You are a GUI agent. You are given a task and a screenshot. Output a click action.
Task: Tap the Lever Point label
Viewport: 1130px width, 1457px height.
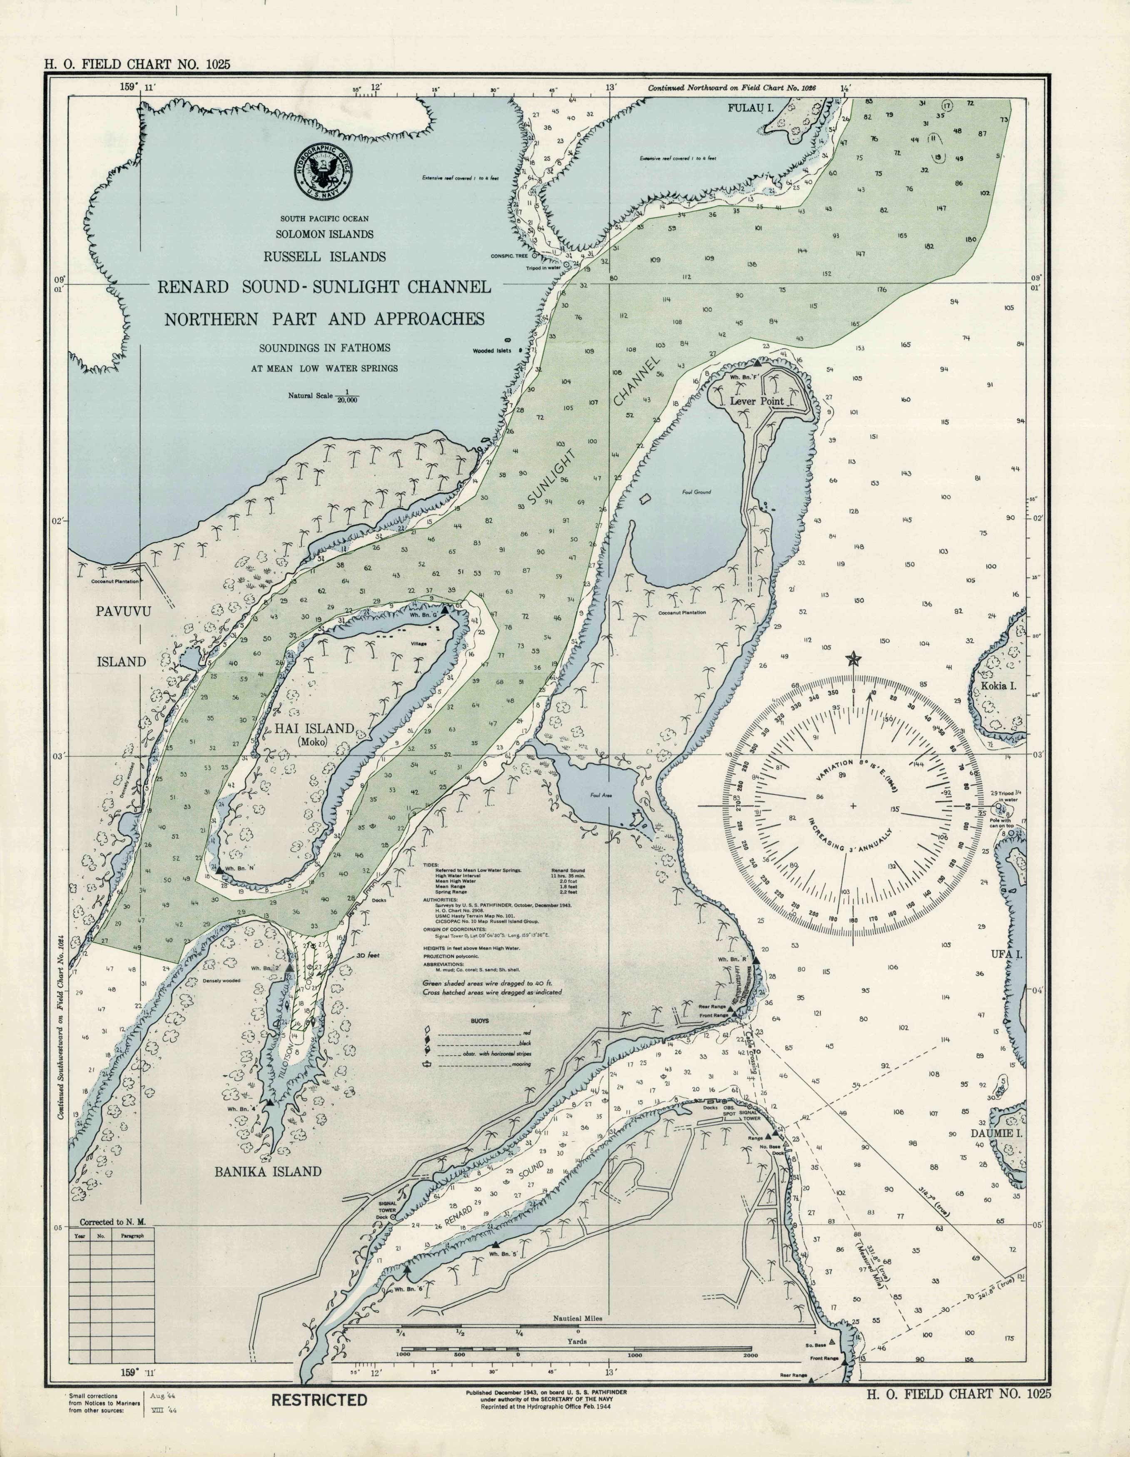click(757, 401)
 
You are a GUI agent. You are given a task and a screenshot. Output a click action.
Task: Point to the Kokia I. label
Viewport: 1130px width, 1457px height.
click(998, 685)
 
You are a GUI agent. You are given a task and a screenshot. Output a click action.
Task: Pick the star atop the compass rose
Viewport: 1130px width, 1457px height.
click(853, 659)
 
